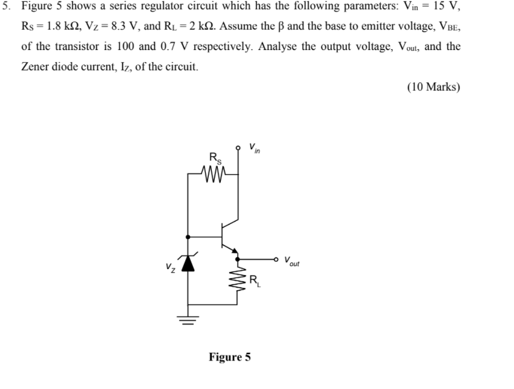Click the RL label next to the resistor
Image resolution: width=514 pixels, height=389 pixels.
click(255, 280)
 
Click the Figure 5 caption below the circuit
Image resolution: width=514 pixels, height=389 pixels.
click(229, 357)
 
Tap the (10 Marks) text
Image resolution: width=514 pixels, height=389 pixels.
click(433, 87)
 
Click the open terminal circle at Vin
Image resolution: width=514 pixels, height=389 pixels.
click(238, 146)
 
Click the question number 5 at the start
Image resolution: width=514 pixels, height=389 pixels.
click(6, 7)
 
